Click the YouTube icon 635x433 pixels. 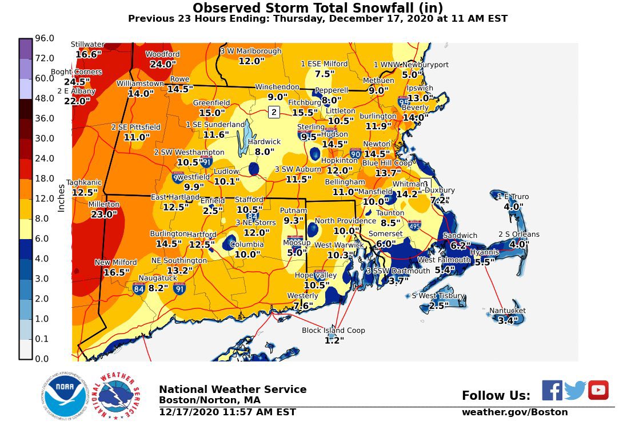[x=598, y=390]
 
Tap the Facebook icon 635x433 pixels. [x=552, y=390]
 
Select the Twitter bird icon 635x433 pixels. [x=575, y=390]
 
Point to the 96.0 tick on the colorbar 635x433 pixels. [x=45, y=38]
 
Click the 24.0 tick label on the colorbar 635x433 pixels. [x=45, y=158]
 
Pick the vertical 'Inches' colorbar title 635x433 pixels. [x=61, y=197]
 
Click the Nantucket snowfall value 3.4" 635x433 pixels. [x=508, y=321]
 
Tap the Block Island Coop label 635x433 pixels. [x=333, y=331]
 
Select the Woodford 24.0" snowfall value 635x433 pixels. [x=162, y=65]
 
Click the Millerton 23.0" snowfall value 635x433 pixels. [x=103, y=214]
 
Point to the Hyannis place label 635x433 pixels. [x=484, y=252]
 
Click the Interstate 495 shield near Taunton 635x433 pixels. [x=414, y=225]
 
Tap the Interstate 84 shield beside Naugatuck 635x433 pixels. [x=138, y=288]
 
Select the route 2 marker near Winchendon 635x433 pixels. [x=274, y=112]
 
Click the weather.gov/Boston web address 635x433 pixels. [x=514, y=412]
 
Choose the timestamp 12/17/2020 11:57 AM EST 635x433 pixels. [x=227, y=412]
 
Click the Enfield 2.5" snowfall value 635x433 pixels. [x=213, y=210]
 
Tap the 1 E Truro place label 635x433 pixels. [x=513, y=197]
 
